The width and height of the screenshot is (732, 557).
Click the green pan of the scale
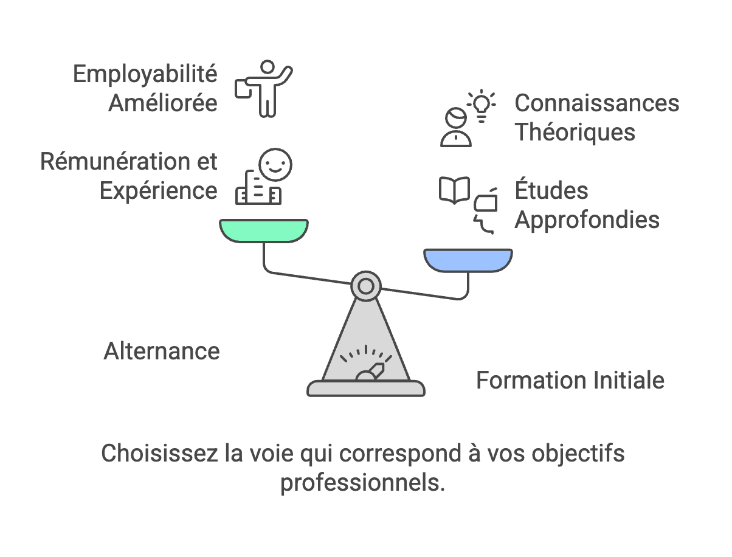pyautogui.click(x=264, y=230)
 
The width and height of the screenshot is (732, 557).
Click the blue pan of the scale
pyautogui.click(x=468, y=260)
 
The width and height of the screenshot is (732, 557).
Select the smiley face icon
pyautogui.click(x=275, y=164)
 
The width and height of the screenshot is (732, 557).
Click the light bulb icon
pyautogui.click(x=482, y=105)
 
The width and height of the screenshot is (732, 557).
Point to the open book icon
pyautogui.click(x=455, y=190)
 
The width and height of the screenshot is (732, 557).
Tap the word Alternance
pyautogui.click(x=162, y=351)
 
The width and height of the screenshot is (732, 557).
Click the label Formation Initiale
pyautogui.click(x=570, y=381)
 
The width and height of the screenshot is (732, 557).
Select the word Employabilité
pyautogui.click(x=145, y=74)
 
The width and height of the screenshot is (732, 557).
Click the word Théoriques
pyautogui.click(x=575, y=132)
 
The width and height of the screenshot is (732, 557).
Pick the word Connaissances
pyautogui.click(x=596, y=103)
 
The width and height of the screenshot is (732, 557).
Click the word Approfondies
pyautogui.click(x=587, y=220)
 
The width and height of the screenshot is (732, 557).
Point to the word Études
pyautogui.click(x=551, y=190)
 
